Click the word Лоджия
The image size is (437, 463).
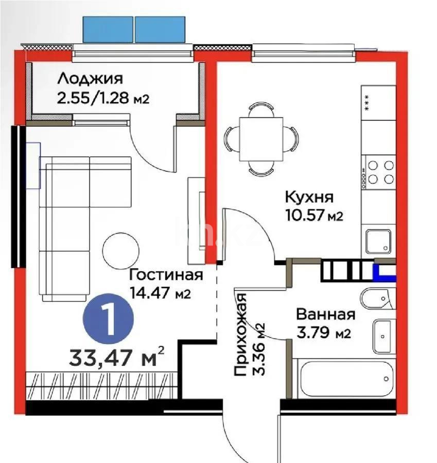click(90, 79)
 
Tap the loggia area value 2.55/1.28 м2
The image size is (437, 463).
click(102, 98)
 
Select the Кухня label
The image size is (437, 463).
click(309, 197)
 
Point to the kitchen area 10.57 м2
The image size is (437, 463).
click(313, 215)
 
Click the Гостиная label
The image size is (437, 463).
click(166, 275)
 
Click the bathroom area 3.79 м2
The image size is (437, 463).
click(323, 333)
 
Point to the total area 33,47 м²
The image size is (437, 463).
click(117, 356)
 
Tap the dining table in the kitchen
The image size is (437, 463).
click(260, 137)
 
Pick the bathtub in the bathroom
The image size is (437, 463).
click(347, 379)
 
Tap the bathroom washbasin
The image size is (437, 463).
click(383, 335)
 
